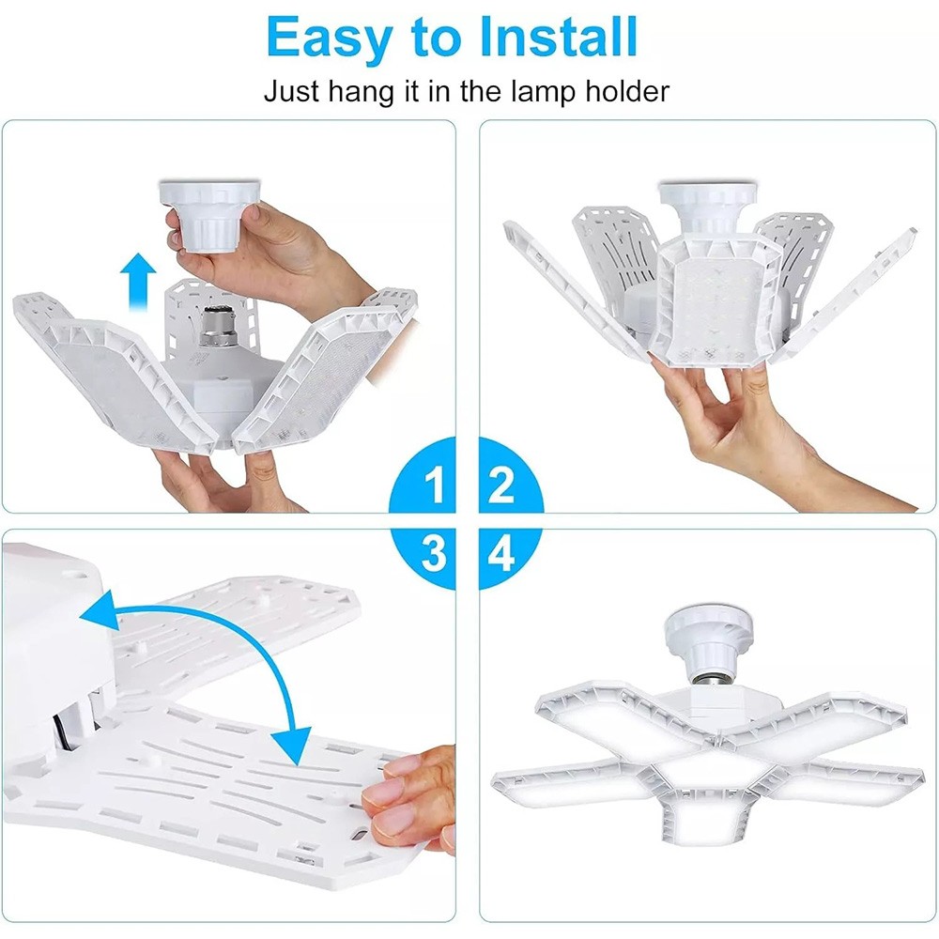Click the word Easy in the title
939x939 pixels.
tap(329, 38)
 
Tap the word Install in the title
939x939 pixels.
tap(558, 38)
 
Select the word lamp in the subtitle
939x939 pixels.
tap(543, 92)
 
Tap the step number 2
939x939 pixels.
tap(501, 485)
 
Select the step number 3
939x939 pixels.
tap(434, 553)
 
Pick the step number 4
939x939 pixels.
tap(501, 554)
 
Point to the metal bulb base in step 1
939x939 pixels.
tap(216, 328)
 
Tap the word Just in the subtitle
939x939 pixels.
tap(291, 92)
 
